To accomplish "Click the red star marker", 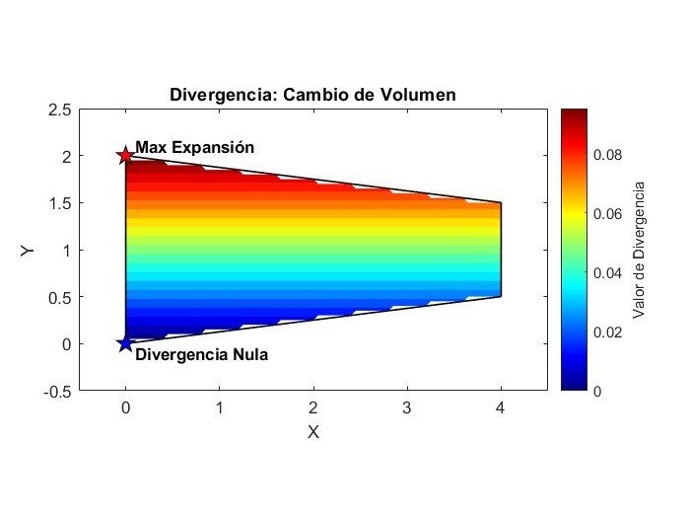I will [125, 156].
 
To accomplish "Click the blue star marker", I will [125, 343].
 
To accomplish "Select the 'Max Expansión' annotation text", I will [194, 148].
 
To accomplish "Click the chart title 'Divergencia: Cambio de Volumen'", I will [312, 95].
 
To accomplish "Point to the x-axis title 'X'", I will [313, 432].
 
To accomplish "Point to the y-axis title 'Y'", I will [28, 250].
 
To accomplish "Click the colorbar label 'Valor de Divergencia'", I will [639, 250].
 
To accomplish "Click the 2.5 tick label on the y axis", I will [60, 110].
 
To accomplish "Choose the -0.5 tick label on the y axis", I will [58, 391].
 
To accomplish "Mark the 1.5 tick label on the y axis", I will [60, 203].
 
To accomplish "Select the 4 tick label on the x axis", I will [501, 407].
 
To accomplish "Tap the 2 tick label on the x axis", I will [313, 407].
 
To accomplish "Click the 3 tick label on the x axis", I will [407, 407].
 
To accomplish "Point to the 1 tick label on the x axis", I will [219, 407].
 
